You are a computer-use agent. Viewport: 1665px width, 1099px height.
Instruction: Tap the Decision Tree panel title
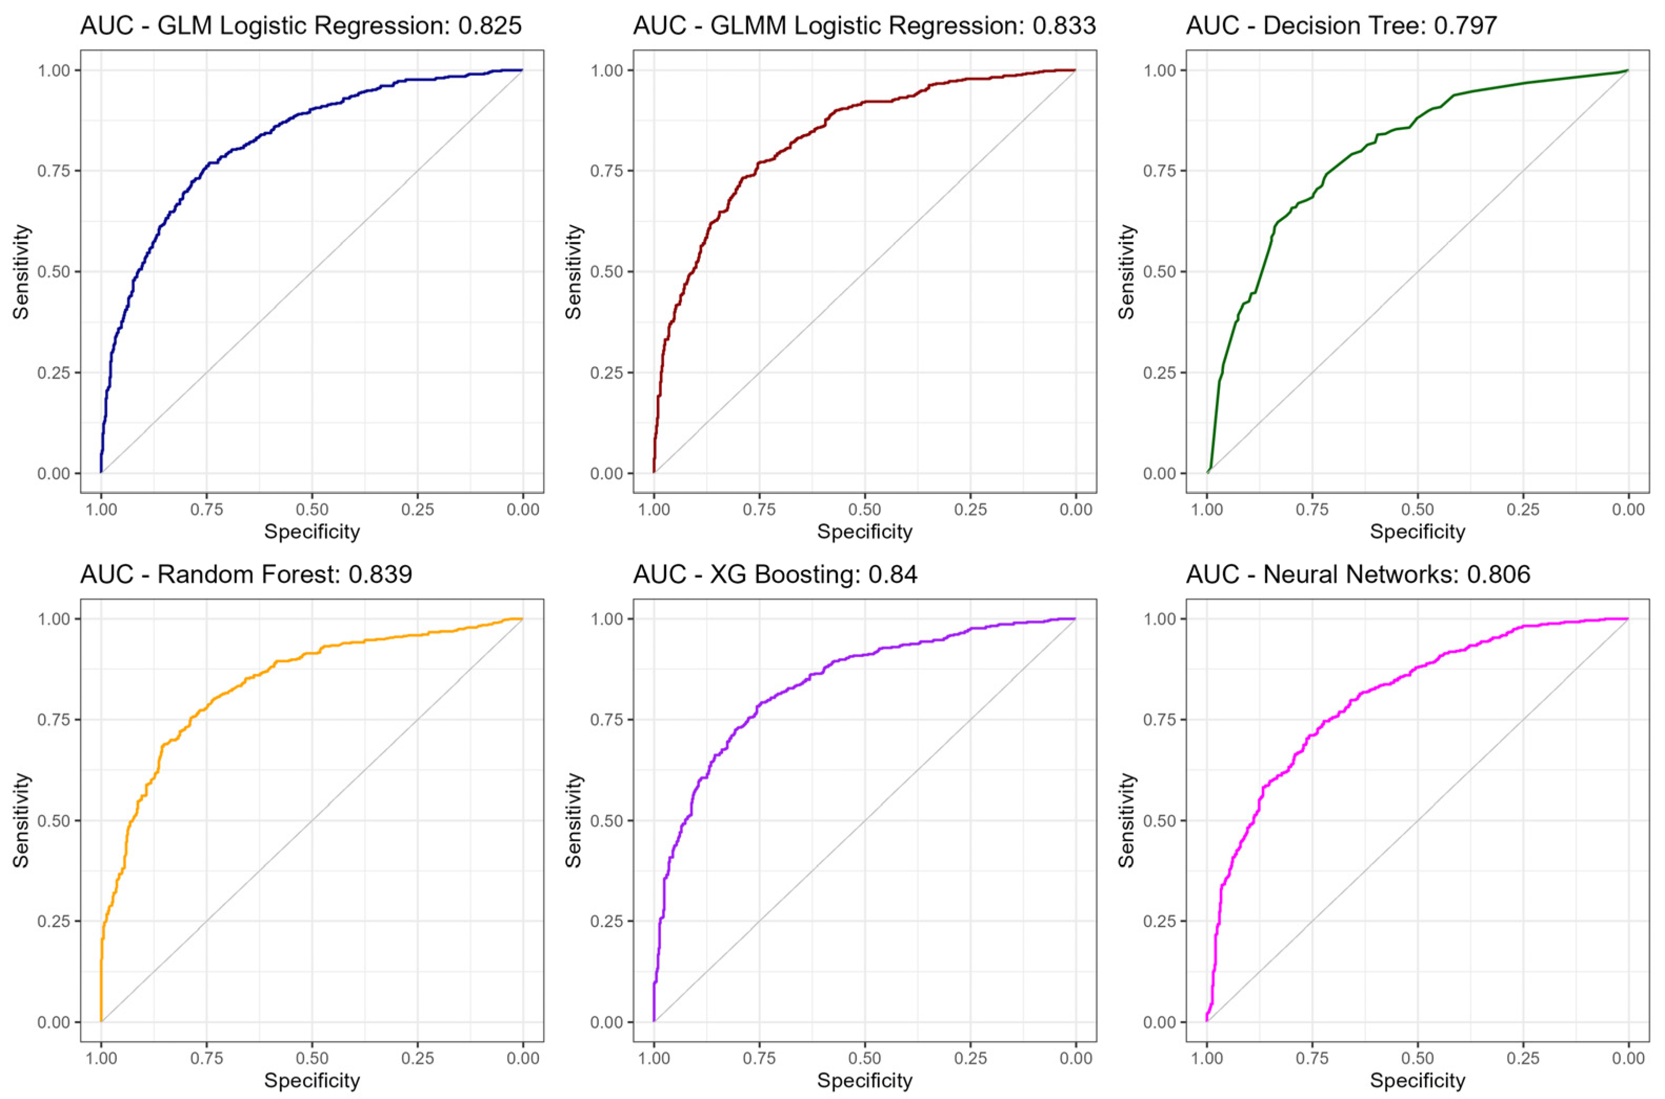click(x=1341, y=26)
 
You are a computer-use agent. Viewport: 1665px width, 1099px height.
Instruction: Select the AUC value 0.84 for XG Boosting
click(x=892, y=574)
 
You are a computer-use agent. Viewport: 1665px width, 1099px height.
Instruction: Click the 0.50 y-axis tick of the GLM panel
click(x=54, y=272)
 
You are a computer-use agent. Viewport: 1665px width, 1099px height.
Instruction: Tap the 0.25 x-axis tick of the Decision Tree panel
click(x=1523, y=510)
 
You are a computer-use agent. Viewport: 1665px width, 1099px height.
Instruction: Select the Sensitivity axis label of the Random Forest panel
click(x=22, y=820)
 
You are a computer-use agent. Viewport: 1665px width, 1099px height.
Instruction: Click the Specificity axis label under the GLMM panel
click(x=865, y=532)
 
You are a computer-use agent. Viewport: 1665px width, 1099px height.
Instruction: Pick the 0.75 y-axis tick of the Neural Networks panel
click(x=1160, y=720)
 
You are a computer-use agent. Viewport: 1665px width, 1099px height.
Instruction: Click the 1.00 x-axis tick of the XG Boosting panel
click(x=654, y=1058)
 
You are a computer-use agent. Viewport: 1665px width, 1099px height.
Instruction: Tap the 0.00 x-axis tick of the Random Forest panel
click(x=522, y=1058)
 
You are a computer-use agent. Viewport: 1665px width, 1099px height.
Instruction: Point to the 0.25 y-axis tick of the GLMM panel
click(x=607, y=373)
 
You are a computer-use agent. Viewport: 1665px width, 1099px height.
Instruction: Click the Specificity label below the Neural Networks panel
click(x=1418, y=1081)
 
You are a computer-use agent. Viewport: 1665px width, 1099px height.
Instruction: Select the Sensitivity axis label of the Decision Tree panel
click(x=1127, y=272)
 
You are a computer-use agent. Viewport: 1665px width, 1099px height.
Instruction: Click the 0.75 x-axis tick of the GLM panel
click(x=207, y=510)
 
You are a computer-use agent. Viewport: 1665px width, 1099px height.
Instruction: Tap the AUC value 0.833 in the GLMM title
click(x=1064, y=26)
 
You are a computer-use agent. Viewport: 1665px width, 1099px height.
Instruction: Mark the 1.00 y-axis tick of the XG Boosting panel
click(x=607, y=619)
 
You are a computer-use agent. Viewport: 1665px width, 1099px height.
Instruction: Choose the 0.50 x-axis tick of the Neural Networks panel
click(x=1418, y=1058)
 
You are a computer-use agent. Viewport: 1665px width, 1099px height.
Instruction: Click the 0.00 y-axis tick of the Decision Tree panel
click(x=1160, y=474)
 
